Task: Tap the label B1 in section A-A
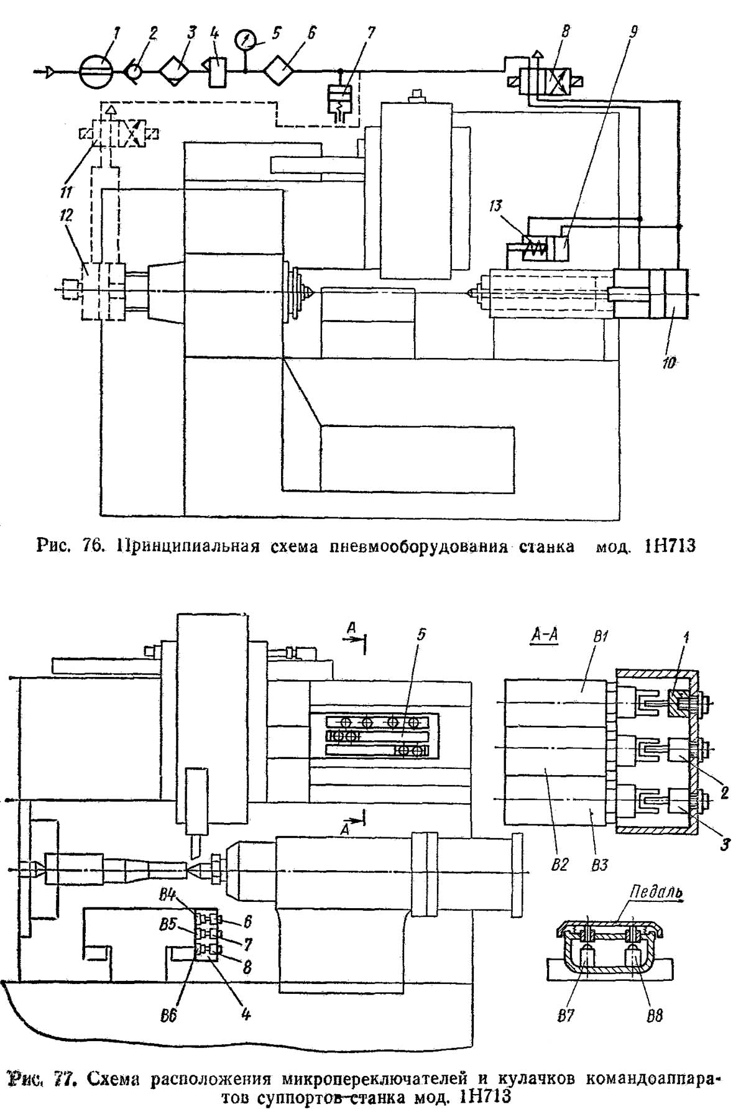click(x=600, y=638)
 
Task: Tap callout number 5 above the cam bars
click(x=421, y=635)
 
